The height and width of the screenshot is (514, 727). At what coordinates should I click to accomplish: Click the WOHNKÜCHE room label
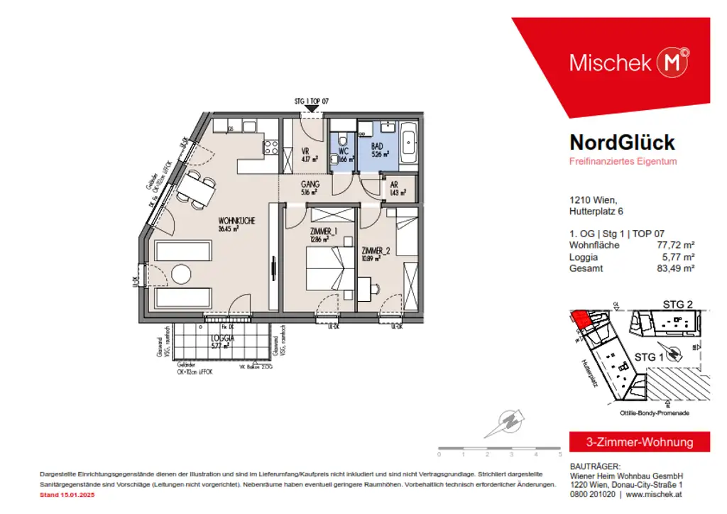[x=236, y=221]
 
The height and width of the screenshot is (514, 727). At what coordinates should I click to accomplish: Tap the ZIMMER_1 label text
[x=322, y=231]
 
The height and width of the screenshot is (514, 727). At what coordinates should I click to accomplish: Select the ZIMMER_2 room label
[x=376, y=251]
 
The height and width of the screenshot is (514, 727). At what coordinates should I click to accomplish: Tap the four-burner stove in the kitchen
[x=271, y=148]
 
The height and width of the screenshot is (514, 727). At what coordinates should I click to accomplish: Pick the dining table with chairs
[x=195, y=188]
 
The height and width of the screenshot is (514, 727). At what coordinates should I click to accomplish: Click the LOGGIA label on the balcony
[x=224, y=338]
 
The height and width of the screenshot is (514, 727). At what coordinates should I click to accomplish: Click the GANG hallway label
[x=310, y=184]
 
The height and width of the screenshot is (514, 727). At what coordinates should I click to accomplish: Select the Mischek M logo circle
[x=673, y=62]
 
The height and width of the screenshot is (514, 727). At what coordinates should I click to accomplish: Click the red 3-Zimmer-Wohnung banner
[x=640, y=442]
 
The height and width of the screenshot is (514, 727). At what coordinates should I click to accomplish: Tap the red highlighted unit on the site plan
[x=581, y=320]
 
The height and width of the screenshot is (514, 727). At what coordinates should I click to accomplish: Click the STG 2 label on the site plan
[x=677, y=305]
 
